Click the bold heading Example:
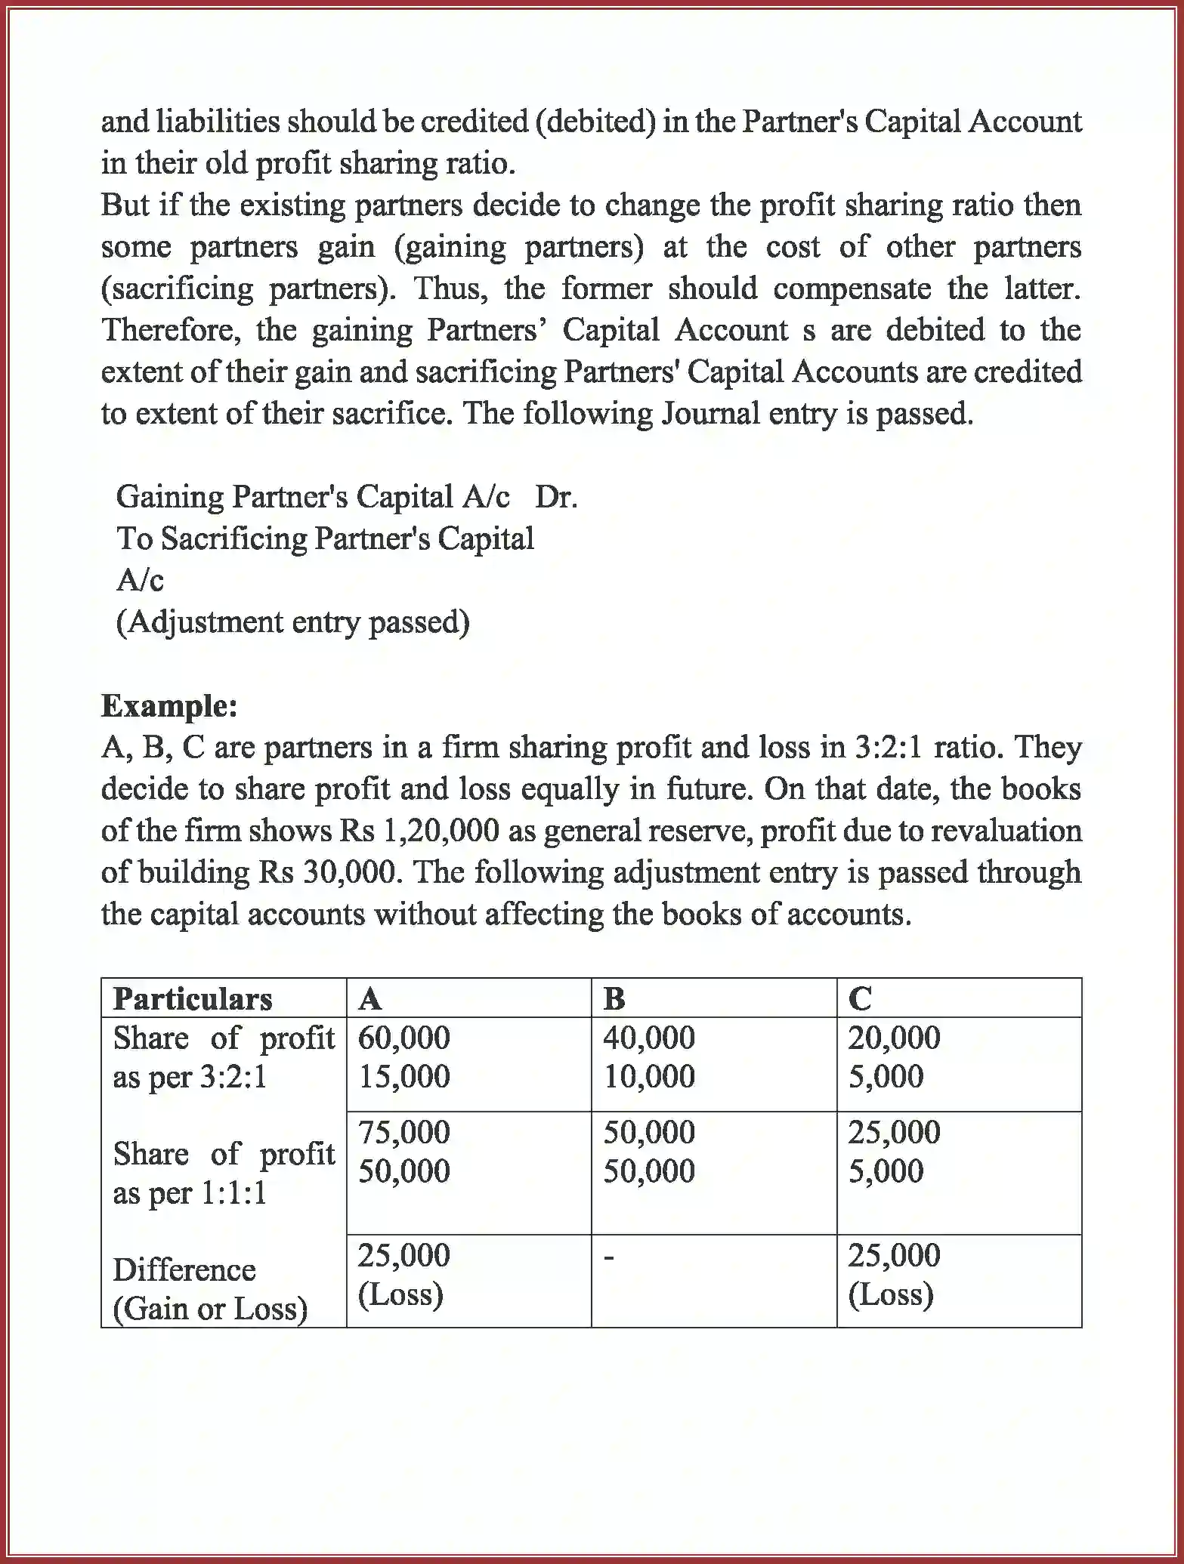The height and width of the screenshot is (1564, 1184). click(x=169, y=706)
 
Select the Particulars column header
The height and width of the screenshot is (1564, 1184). click(x=193, y=999)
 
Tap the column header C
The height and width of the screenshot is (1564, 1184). click(x=860, y=999)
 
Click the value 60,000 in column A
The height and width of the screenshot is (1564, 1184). click(x=403, y=1038)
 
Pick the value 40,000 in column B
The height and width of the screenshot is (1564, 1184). click(x=648, y=1038)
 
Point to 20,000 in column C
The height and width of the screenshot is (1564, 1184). click(x=894, y=1038)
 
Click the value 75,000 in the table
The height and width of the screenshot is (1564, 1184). click(x=403, y=1132)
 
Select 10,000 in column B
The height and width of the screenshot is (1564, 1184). click(x=648, y=1076)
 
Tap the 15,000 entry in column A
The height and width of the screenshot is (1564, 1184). click(x=403, y=1076)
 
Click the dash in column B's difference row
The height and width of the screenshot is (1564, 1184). click(x=610, y=1258)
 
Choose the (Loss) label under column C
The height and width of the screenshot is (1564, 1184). click(x=890, y=1294)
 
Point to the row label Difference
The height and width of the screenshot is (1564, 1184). click(x=184, y=1269)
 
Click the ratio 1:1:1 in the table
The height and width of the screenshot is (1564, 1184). click(x=233, y=1193)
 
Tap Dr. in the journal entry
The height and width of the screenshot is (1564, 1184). click(x=556, y=497)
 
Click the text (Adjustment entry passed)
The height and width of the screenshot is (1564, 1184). click(x=293, y=622)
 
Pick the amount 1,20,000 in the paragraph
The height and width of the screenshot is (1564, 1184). click(x=442, y=831)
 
